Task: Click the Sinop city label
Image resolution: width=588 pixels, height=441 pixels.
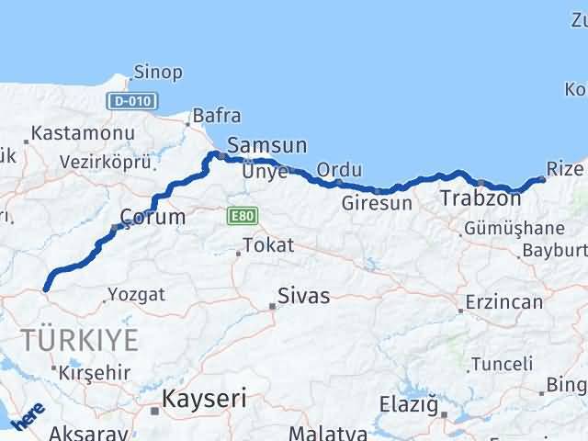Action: coord(158,73)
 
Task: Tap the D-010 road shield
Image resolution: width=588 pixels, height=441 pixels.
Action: coord(131,102)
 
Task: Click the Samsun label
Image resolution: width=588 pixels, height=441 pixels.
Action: coord(266,144)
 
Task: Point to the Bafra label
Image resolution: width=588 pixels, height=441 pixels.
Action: coord(216,117)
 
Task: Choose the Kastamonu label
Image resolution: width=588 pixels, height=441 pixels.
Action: coord(81,134)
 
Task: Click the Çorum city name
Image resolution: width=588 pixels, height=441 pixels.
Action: coord(152,218)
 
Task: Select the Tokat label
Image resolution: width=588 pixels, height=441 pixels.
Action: coord(268,245)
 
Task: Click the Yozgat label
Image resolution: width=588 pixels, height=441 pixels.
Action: coord(137,295)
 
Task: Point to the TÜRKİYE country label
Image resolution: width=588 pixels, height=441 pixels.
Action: coord(82,339)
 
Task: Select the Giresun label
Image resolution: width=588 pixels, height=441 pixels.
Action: coord(377,203)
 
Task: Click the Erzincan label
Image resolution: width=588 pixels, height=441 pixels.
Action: coord(503,302)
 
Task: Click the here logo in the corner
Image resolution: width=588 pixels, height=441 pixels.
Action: coord(27,417)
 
